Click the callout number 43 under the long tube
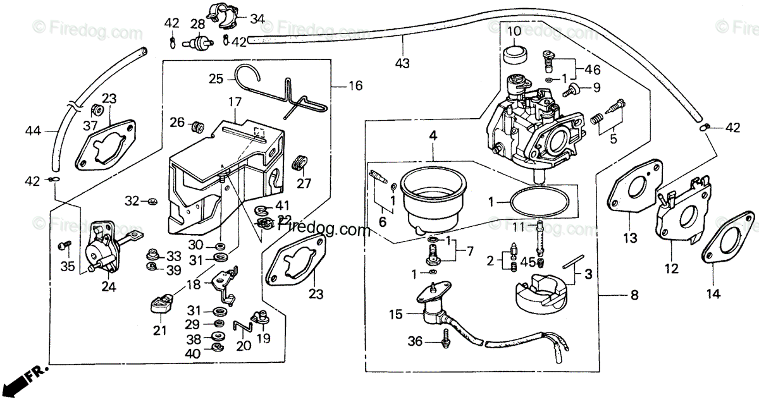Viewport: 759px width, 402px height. tap(402, 63)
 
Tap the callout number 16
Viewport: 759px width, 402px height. tap(355, 85)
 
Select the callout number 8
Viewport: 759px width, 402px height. tap(634, 295)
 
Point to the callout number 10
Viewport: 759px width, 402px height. tap(514, 31)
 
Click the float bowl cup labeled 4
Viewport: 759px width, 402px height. tap(435, 193)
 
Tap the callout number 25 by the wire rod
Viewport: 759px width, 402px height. tap(216, 79)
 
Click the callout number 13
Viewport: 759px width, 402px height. tap(631, 238)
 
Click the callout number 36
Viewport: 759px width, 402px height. tap(414, 342)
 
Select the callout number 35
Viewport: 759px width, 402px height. tap(68, 266)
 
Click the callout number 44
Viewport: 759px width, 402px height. tap(33, 131)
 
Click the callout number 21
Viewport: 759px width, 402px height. tap(159, 330)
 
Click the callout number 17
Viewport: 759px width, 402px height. tap(235, 101)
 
